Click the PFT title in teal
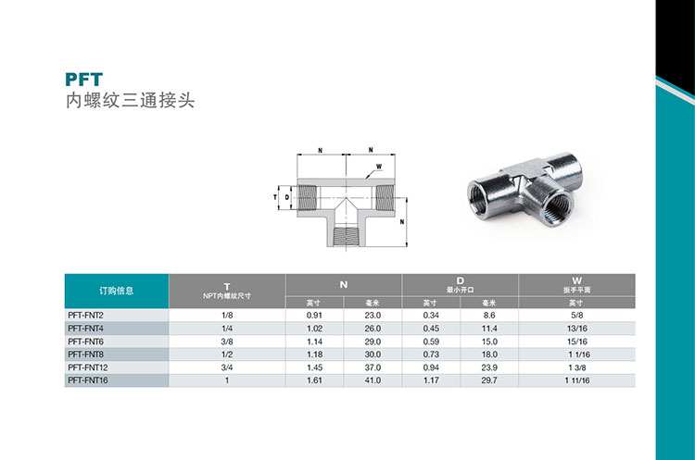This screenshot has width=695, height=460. click(83, 80)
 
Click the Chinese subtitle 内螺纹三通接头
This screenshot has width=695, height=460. click(131, 101)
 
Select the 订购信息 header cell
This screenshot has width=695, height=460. click(116, 291)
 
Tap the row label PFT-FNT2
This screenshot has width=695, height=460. click(85, 316)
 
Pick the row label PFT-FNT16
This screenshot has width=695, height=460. click(88, 380)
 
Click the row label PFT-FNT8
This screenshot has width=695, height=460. click(85, 354)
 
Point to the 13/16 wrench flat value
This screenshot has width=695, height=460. click(576, 329)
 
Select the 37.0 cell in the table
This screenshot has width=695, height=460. click(373, 367)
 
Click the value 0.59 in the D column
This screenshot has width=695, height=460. click(431, 342)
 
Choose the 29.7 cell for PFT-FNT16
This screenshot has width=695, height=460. click(489, 380)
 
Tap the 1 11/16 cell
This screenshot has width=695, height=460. click(576, 380)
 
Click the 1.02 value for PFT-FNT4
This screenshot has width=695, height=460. click(314, 329)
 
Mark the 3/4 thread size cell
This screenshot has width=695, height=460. click(227, 367)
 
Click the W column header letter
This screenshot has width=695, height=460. click(576, 280)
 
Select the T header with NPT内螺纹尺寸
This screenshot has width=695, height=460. click(227, 291)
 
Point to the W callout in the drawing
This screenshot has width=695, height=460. click(379, 167)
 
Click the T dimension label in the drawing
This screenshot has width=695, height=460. click(275, 197)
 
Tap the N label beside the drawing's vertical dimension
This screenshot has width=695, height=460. click(402, 222)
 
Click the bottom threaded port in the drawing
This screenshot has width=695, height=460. click(346, 236)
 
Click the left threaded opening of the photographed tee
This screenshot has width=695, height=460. click(485, 198)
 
